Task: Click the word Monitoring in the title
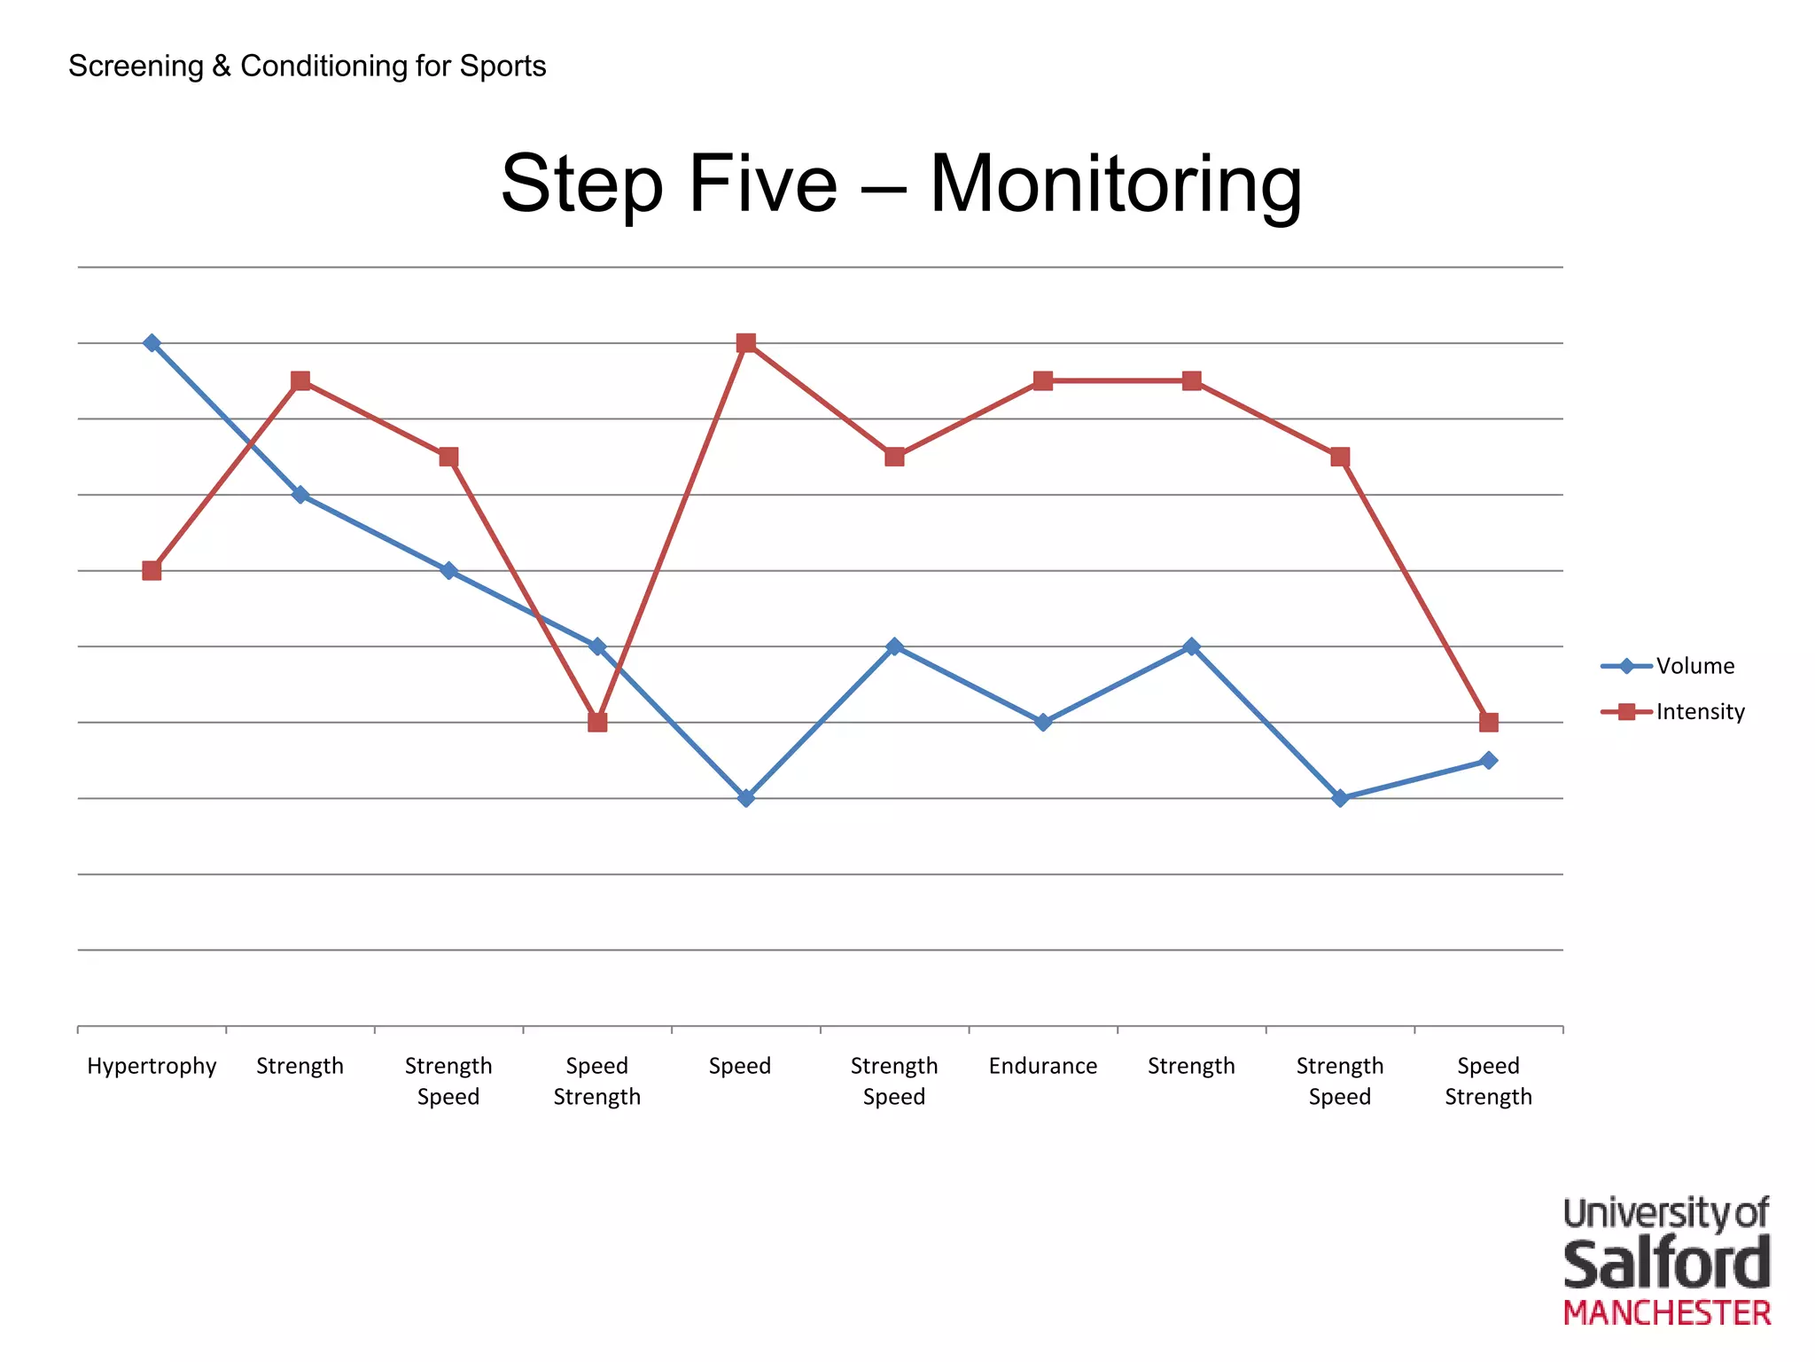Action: coord(1115,184)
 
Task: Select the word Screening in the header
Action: coord(136,67)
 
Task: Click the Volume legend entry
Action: coord(1694,666)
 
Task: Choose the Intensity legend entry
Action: coord(1700,712)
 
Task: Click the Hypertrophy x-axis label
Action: coord(152,1066)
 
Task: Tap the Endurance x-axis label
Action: coord(1042,1066)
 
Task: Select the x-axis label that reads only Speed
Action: coord(740,1066)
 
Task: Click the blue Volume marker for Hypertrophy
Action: coord(152,343)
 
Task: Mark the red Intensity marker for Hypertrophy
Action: coord(152,570)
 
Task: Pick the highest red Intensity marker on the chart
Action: coord(746,343)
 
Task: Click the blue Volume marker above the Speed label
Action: coord(746,798)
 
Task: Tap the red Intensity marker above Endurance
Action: coord(1043,381)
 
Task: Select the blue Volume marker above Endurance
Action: coord(1043,722)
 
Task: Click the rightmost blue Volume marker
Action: coord(1489,760)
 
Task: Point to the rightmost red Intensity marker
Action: coord(1489,722)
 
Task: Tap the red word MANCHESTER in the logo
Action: coord(1666,1313)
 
